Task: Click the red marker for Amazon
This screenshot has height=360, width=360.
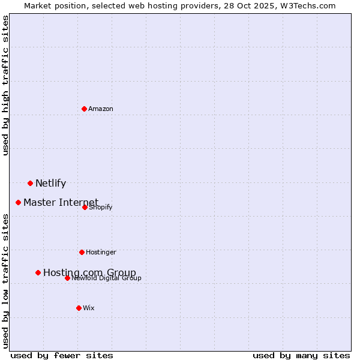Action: [x=84, y=109]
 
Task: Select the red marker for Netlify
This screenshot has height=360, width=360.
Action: [x=30, y=183]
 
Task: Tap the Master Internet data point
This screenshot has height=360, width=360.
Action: [x=18, y=202]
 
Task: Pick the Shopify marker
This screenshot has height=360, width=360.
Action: [x=85, y=207]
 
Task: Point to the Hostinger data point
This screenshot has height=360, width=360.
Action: [x=82, y=252]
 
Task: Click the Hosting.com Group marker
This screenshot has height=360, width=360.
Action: [x=38, y=272]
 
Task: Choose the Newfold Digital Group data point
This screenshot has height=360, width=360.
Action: [x=67, y=278]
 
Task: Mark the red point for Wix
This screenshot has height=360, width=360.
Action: [x=79, y=308]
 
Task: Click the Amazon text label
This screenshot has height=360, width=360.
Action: [x=101, y=109]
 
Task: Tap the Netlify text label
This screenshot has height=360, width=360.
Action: [x=50, y=184]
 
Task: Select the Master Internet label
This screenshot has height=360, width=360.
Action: [x=61, y=202]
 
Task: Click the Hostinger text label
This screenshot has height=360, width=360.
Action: [x=101, y=252]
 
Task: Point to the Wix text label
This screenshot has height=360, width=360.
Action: [x=89, y=308]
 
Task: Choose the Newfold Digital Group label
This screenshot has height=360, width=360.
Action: [x=106, y=278]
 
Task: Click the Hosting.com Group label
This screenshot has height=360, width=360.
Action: [x=89, y=273]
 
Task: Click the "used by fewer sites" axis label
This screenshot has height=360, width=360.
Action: [x=62, y=355]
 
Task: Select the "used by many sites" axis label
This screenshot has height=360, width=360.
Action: [x=301, y=355]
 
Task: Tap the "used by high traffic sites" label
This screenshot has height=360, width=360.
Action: [x=5, y=85]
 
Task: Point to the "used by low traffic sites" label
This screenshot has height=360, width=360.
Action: [x=5, y=281]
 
